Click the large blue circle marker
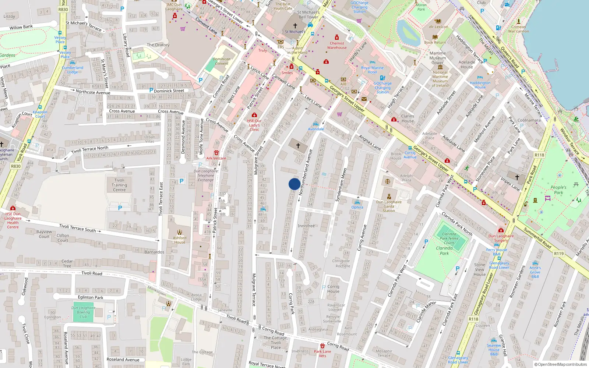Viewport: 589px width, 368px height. (294, 184)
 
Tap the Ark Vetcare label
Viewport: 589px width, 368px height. (216, 158)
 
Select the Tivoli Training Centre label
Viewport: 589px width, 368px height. (119, 185)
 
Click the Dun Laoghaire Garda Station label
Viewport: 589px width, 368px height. (389, 206)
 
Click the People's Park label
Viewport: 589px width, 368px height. (558, 190)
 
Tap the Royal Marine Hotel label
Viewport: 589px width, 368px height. (372, 70)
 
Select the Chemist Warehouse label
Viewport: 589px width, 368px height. (337, 45)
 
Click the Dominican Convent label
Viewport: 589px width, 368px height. (222, 61)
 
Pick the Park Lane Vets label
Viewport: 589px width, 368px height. (322, 354)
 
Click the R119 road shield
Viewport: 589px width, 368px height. (559, 254)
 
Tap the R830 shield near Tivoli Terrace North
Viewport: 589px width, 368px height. (16, 166)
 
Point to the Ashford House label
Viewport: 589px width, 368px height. (180, 240)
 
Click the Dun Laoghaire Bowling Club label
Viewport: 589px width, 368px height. (83, 312)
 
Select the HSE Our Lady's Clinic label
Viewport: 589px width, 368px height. (254, 125)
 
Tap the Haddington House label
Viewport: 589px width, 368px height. (480, 85)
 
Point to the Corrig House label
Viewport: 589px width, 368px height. (333, 289)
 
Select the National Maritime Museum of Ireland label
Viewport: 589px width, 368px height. (440, 79)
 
